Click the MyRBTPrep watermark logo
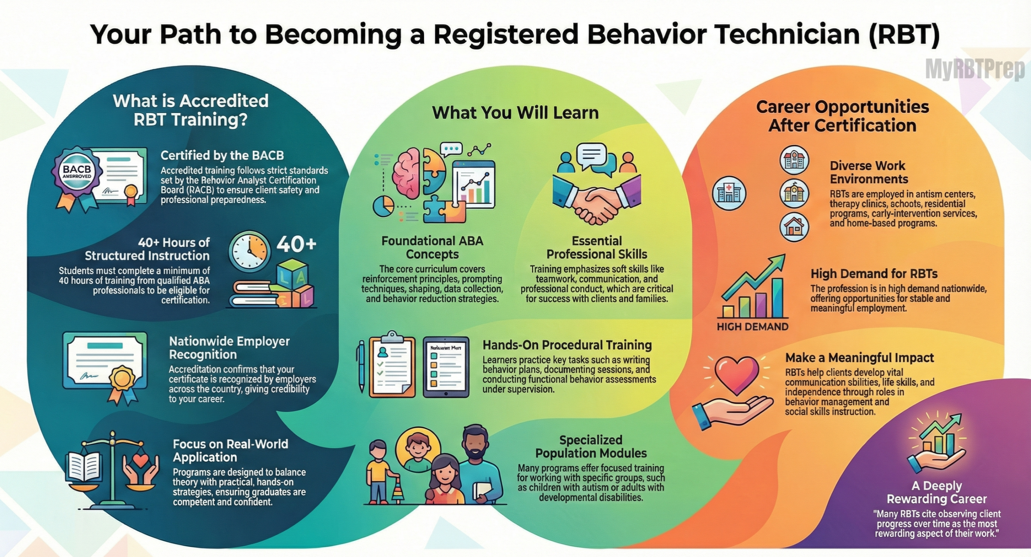coord(975,69)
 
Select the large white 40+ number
coord(296,244)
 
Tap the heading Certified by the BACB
coord(222,155)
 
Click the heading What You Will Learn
coord(515,112)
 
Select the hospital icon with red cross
coord(729,193)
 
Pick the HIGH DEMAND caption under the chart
coord(752,326)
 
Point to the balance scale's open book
coord(85,467)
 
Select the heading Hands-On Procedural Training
coord(567,345)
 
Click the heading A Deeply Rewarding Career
coord(937,492)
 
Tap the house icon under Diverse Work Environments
coord(794,227)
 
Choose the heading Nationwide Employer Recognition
coord(229,348)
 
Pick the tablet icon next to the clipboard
coord(446,367)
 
